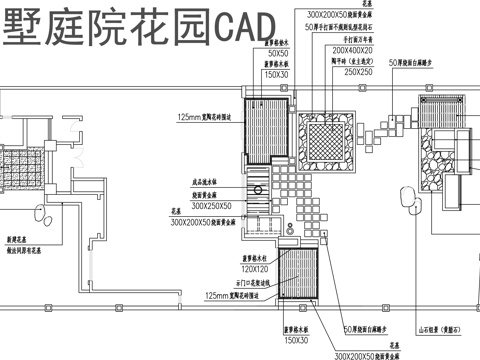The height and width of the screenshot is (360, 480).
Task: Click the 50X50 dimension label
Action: coord(277,52)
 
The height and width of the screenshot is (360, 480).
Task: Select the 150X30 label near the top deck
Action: coord(277,74)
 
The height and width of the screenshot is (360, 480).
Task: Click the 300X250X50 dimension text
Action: coord(211,205)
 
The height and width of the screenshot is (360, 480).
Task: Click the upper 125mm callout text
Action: coord(205,117)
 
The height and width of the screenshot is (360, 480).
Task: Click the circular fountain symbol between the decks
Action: coord(263,186)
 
